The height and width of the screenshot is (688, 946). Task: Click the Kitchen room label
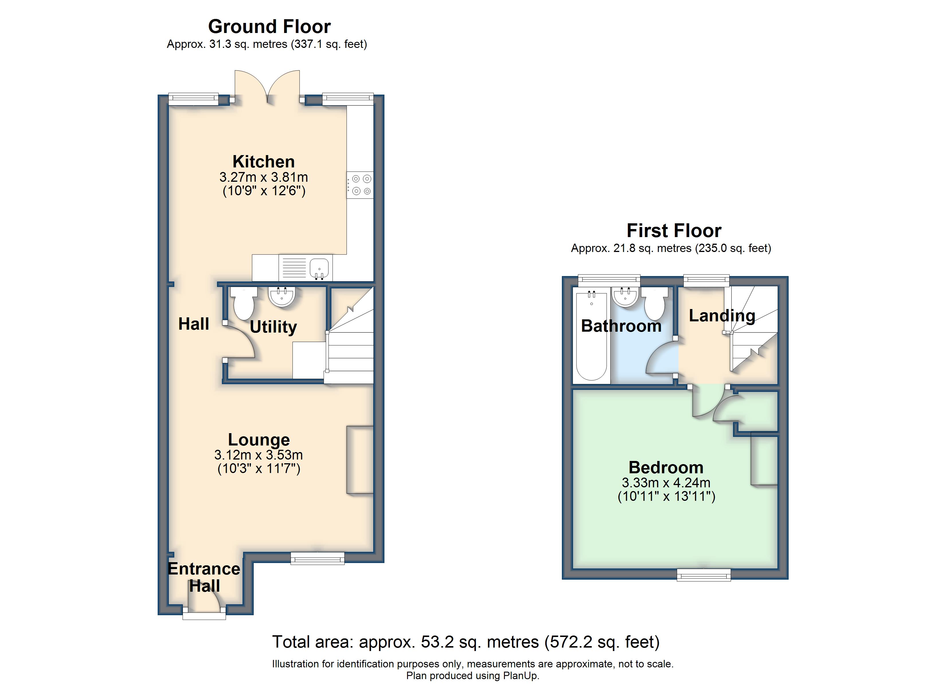click(x=264, y=161)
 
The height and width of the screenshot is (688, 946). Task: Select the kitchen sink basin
click(x=319, y=267)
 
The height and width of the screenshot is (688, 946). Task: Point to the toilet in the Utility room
click(x=244, y=304)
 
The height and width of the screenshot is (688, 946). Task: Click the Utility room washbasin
click(x=282, y=296)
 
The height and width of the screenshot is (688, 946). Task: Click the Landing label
click(x=722, y=316)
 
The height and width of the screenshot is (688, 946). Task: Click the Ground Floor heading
click(x=269, y=26)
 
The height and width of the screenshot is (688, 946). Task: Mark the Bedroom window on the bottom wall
click(x=704, y=574)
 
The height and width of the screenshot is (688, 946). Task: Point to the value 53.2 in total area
click(x=437, y=642)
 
